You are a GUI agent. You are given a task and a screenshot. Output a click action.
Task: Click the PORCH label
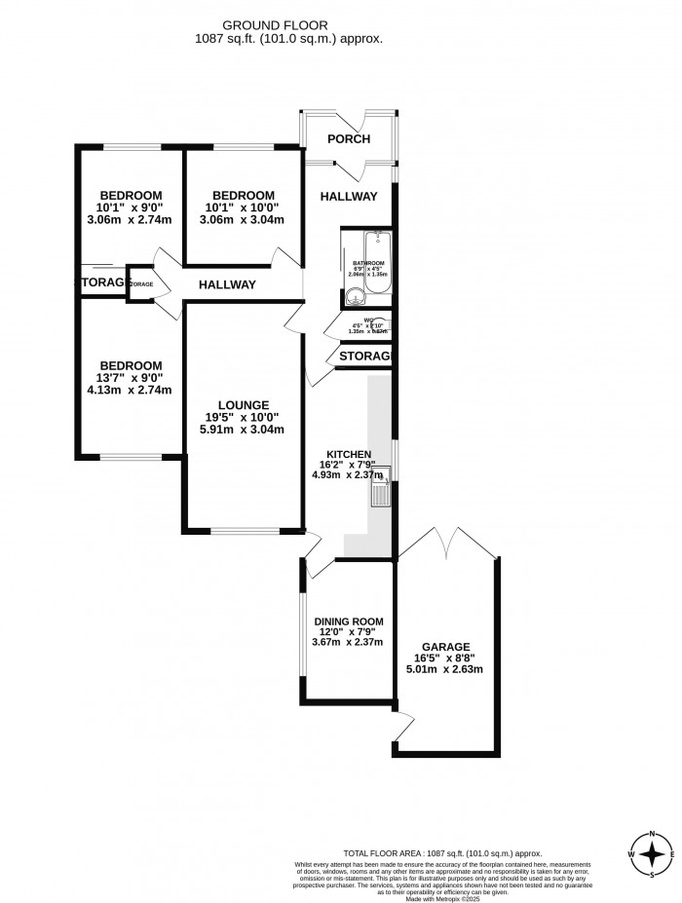tap(348, 139)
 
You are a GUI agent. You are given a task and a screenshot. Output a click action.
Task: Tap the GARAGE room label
tap(446, 646)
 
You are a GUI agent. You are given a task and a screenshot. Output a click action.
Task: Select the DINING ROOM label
tap(348, 621)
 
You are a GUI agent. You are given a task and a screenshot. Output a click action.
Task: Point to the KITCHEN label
tap(349, 454)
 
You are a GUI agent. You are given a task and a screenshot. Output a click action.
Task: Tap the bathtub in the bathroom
tap(376, 251)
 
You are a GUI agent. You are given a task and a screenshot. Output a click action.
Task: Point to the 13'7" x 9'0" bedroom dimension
tap(129, 378)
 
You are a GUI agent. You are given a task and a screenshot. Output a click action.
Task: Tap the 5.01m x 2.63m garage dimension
tap(446, 669)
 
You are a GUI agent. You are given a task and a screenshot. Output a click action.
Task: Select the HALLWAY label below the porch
tap(348, 197)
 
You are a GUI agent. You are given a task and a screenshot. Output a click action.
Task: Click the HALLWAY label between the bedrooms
tap(227, 285)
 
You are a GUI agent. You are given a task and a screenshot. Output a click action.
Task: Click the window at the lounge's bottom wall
tap(243, 531)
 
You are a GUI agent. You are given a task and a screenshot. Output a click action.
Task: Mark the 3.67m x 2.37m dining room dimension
tap(348, 642)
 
